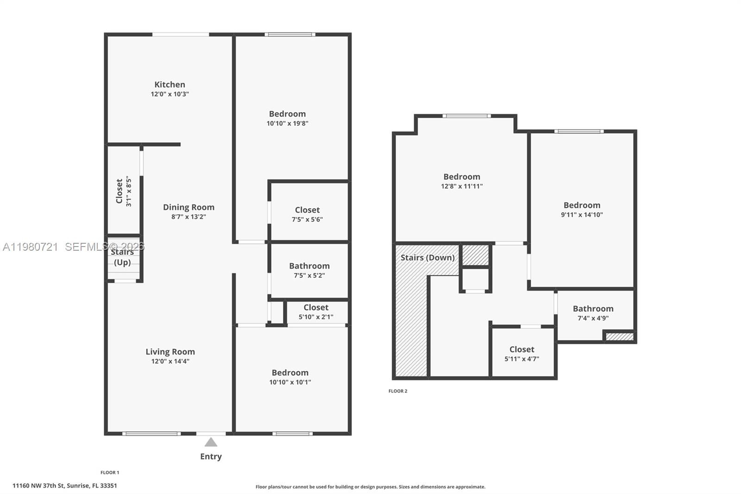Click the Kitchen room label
pos(170,84)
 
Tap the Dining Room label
pos(188,207)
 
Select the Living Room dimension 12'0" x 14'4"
pos(170,361)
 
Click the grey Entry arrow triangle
pos(211,443)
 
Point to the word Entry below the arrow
pos(211,456)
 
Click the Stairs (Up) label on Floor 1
pos(122,257)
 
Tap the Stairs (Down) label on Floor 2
pos(427,258)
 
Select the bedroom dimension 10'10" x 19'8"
pos(288,123)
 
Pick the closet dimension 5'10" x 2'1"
pos(316,317)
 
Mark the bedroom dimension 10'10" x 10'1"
pos(290,382)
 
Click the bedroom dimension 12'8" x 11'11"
pos(462,186)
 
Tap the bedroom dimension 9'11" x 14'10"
pos(582,215)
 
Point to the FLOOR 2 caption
pos(398,391)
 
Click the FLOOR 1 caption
pos(110,473)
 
